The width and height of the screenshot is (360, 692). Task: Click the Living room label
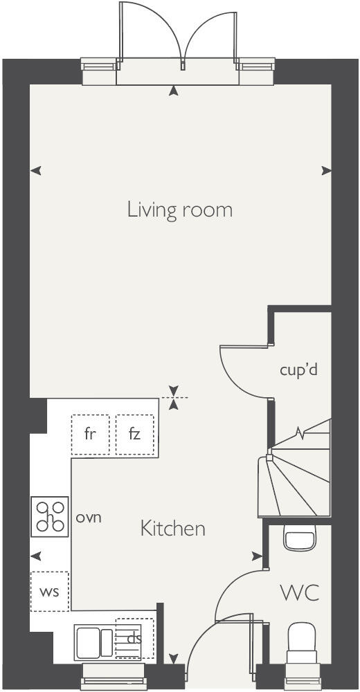coord(179,210)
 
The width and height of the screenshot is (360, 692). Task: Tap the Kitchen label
coord(173,529)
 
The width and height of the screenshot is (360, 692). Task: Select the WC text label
coord(299,592)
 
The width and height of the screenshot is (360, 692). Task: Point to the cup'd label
coord(298,370)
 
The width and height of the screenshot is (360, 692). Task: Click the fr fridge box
coord(90,435)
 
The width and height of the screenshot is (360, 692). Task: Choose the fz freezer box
coord(134,435)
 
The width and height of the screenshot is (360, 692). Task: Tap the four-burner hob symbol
coord(50,517)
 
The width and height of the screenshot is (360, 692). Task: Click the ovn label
coord(89,517)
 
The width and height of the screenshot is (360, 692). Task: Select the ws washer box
coord(49,591)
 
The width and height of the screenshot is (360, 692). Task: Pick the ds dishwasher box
coord(134,638)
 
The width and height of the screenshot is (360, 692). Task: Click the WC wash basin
coord(300,536)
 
